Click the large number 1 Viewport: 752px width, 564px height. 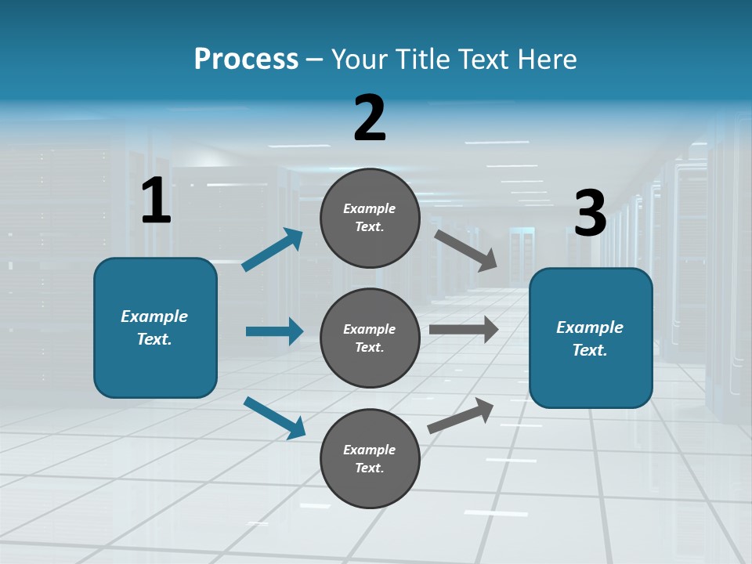pos(156,201)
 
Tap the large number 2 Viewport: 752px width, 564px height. pos(370,118)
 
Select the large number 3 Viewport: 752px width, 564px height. pos(591,213)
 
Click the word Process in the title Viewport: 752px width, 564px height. pos(246,59)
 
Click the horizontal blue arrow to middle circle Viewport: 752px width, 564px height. pos(274,331)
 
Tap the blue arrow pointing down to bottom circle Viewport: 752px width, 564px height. pos(274,418)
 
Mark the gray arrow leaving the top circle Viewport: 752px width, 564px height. pos(466,250)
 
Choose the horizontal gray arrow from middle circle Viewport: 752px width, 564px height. pos(464,330)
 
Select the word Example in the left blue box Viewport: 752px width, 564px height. pos(154,316)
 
